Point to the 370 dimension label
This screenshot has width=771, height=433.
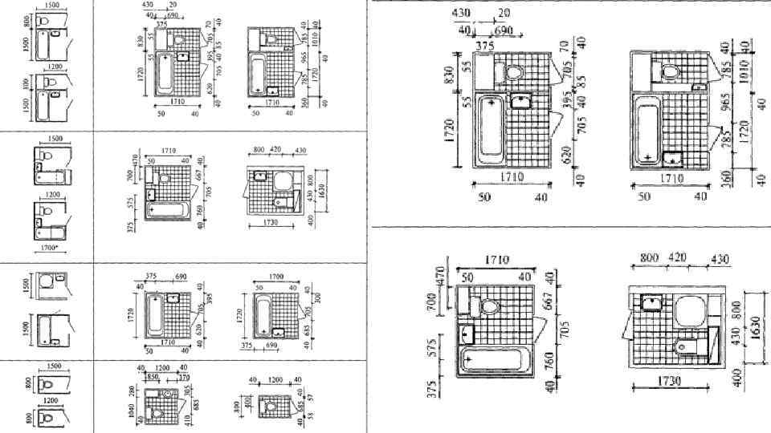click(x=184, y=377)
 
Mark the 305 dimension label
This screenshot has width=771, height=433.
click(x=186, y=391)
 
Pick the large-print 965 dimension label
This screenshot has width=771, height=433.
click(x=724, y=109)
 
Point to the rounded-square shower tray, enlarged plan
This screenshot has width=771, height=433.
click(x=688, y=310)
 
